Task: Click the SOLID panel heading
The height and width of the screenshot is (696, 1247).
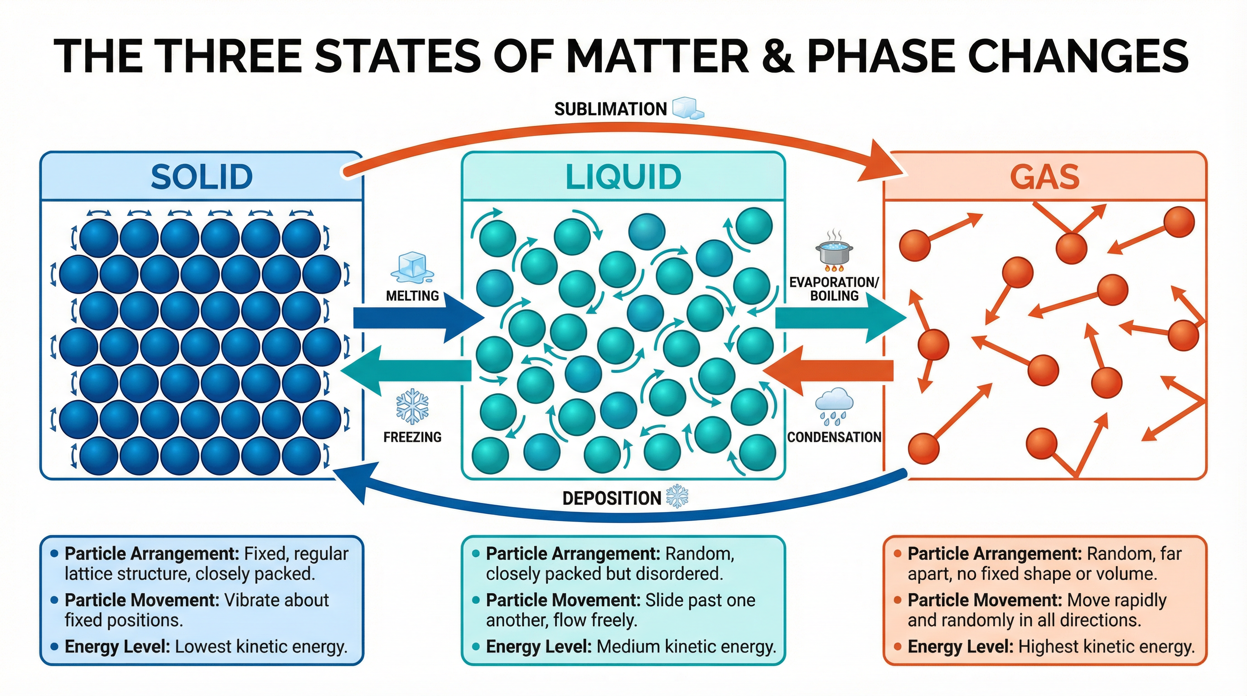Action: pos(201,177)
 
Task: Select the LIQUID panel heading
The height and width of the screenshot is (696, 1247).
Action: pos(623,177)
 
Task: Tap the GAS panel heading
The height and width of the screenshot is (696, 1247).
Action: pos(1044,177)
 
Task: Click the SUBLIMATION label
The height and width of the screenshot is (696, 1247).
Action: pos(610,109)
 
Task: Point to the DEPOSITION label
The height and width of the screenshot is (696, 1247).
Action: pos(611,498)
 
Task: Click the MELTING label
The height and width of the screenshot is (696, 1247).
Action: pos(412,296)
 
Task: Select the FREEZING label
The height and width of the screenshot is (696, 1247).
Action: pos(412,437)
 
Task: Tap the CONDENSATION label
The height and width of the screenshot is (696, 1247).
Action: pos(834,437)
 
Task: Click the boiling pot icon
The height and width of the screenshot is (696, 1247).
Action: pos(834,251)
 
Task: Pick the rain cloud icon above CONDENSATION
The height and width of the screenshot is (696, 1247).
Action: pos(834,405)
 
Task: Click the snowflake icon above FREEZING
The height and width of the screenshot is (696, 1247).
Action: pos(412,406)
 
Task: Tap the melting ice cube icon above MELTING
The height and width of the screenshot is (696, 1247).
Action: pos(412,267)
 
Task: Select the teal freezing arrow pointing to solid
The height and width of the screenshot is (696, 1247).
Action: pos(406,371)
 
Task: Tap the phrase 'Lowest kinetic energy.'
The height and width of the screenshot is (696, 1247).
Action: pos(261,647)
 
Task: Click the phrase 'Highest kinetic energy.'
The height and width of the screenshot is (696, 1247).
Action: pos(1106,647)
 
